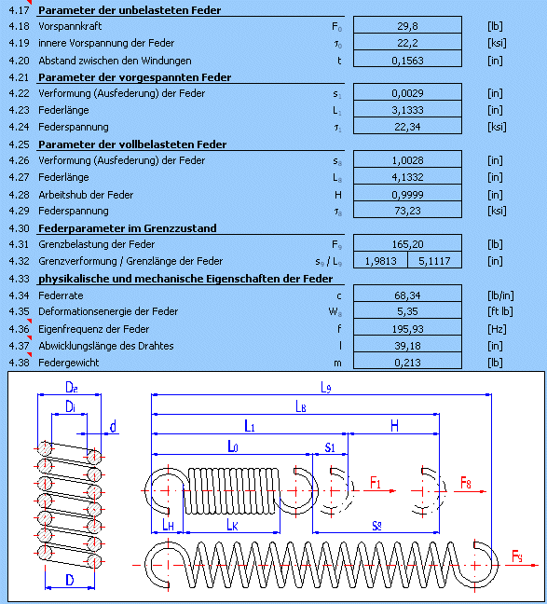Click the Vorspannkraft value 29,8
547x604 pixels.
pyautogui.click(x=407, y=26)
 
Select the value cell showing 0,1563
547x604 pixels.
pyautogui.click(x=407, y=61)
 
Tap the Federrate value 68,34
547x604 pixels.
pyautogui.click(x=407, y=295)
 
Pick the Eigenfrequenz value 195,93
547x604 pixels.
pyautogui.click(x=407, y=329)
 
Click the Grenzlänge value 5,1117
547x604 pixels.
pyautogui.click(x=434, y=261)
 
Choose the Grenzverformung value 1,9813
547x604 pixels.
pyautogui.click(x=380, y=261)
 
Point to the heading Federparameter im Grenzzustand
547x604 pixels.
pyautogui.click(x=128, y=228)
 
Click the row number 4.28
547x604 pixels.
pyautogui.click(x=19, y=195)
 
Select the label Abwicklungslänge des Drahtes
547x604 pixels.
pyautogui.click(x=106, y=346)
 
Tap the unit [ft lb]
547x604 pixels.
pyautogui.click(x=500, y=311)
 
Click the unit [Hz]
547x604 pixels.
pyautogui.click(x=497, y=329)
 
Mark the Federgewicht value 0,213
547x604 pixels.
pyautogui.click(x=407, y=363)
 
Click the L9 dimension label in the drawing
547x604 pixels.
pyautogui.click(x=326, y=388)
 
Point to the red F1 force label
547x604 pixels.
pyautogui.click(x=376, y=482)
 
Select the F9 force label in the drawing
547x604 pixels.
pyautogui.click(x=517, y=556)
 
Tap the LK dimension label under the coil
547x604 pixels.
pyautogui.click(x=232, y=525)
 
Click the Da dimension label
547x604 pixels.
pyautogui.click(x=71, y=387)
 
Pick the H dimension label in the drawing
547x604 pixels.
pyautogui.click(x=394, y=426)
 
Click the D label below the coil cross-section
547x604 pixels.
pyautogui.click(x=70, y=580)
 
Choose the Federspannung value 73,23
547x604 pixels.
pyautogui.click(x=407, y=211)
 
